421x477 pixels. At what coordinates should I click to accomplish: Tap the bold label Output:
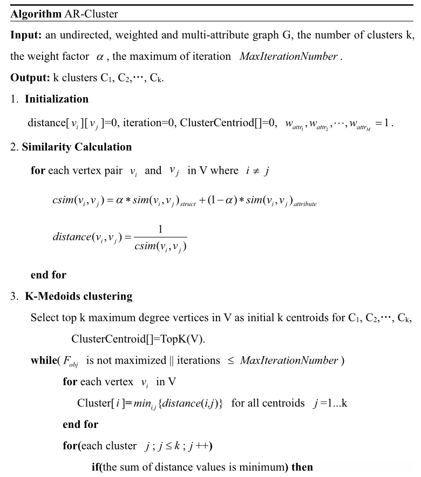click(29, 77)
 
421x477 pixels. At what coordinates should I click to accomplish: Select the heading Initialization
click(56, 99)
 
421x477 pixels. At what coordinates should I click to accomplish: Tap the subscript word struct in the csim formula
click(188, 205)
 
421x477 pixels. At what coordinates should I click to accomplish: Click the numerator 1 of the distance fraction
click(160, 230)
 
